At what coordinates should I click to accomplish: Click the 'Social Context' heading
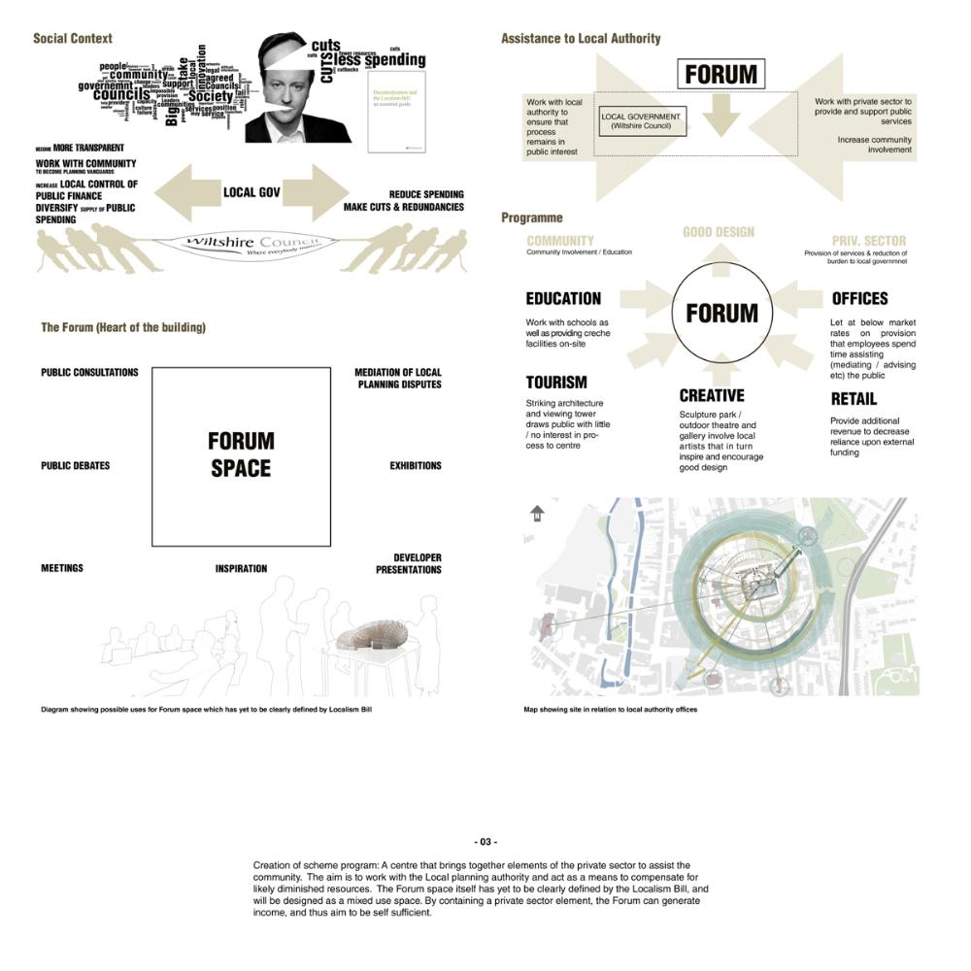click(72, 39)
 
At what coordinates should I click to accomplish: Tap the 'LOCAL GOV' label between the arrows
click(251, 192)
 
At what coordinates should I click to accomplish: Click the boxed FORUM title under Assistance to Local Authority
click(720, 74)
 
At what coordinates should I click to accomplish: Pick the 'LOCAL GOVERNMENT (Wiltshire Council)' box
click(641, 121)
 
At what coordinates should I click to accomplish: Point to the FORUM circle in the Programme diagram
click(721, 313)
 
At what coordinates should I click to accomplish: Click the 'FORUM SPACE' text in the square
click(241, 454)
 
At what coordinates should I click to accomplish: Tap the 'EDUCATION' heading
click(563, 299)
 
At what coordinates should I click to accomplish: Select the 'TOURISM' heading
click(556, 383)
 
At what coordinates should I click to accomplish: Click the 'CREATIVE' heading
click(712, 396)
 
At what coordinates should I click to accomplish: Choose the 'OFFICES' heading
click(859, 299)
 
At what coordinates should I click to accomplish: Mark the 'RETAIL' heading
click(854, 399)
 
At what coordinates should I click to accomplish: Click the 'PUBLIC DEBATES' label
click(75, 466)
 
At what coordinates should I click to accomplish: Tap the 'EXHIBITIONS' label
click(416, 466)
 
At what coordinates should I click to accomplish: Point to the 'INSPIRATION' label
click(241, 569)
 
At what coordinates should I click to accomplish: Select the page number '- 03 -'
click(485, 842)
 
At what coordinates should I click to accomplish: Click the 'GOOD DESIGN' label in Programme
click(719, 233)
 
